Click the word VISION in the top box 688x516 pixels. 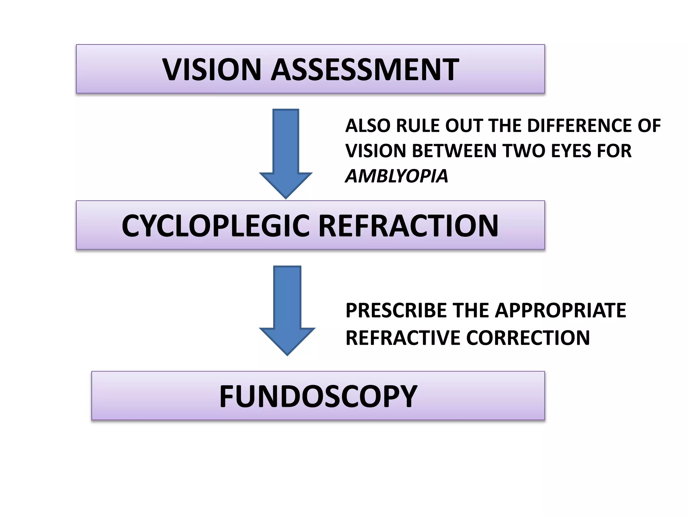(212, 70)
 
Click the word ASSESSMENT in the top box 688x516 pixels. (365, 70)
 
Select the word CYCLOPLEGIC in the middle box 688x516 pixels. (215, 226)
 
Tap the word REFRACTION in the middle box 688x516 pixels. (408, 226)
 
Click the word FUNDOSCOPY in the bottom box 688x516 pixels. (318, 396)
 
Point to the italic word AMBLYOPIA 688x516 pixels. (397, 176)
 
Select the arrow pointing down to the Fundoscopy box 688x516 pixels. (287, 309)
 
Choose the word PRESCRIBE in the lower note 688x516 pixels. (396, 310)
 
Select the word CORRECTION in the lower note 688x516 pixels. (528, 338)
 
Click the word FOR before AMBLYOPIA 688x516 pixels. (614, 151)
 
